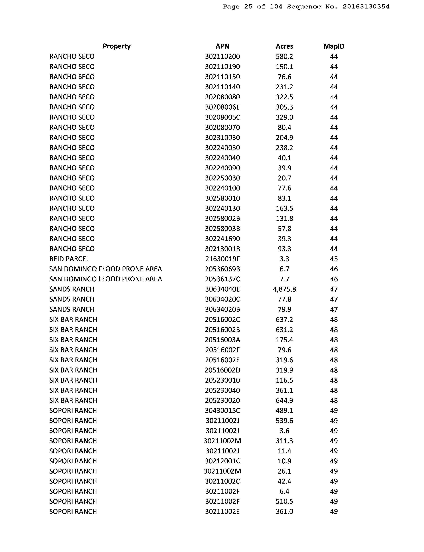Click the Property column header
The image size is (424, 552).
tap(117, 46)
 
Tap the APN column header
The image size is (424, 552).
tap(222, 46)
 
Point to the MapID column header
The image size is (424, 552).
tap(334, 46)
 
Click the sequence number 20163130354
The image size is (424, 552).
tap(366, 6)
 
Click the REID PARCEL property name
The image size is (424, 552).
tap(69, 259)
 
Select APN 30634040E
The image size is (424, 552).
tap(222, 289)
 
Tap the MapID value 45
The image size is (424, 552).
tap(334, 259)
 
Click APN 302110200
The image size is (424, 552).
tap(222, 56)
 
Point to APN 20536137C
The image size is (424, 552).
tap(222, 279)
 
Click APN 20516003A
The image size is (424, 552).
tap(222, 340)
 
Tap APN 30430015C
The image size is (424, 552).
tap(222, 410)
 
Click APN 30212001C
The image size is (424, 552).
tap(222, 461)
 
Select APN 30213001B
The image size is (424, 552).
tap(222, 249)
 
